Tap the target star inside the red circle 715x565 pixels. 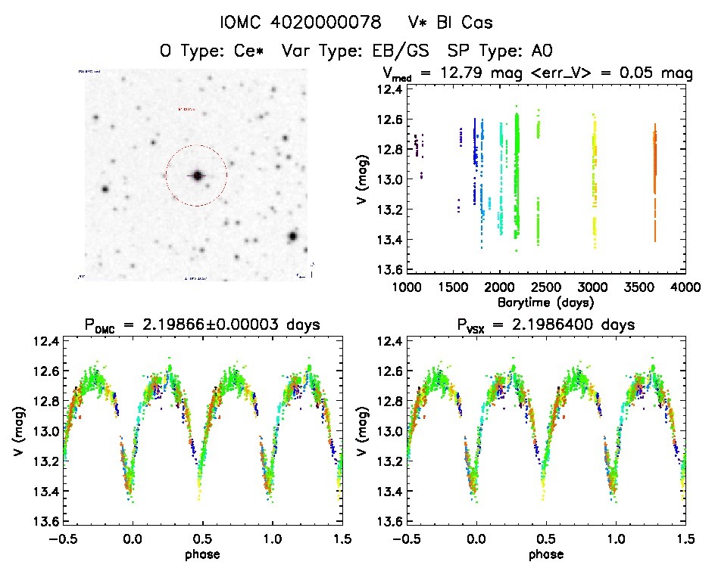(197, 175)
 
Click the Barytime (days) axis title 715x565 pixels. (545, 301)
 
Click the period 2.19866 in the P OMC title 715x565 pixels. (187, 325)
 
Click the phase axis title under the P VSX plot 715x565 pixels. (545, 553)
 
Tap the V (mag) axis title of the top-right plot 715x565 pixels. (366, 179)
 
